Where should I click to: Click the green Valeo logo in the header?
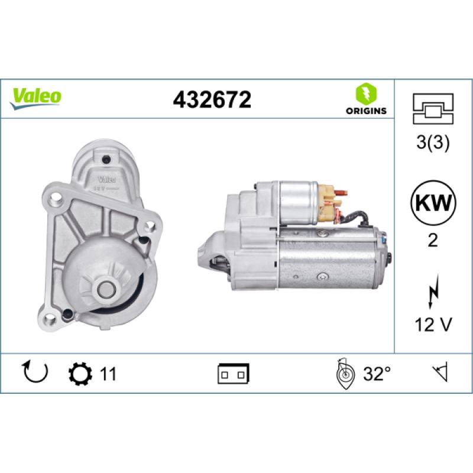[35, 99]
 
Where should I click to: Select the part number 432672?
[212, 100]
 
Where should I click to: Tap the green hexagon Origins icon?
[366, 93]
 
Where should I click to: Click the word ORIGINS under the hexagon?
[366, 111]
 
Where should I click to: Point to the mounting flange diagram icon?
[433, 109]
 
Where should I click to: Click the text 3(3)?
[433, 142]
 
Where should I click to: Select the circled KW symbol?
[433, 203]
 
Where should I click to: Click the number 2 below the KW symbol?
[433, 241]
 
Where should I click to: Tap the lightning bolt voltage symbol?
[433, 291]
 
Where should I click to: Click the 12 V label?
[433, 325]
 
